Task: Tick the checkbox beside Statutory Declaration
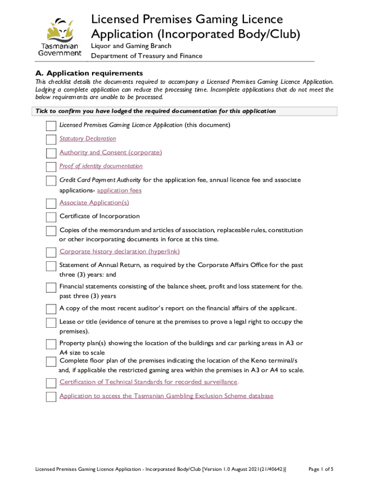tap(51, 140)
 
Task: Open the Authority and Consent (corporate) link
tap(111, 152)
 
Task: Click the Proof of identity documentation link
tap(101, 166)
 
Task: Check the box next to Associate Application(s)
tap(51, 204)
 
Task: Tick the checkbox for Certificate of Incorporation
tap(51, 217)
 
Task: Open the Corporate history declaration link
tap(119, 252)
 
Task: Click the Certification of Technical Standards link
tap(149, 382)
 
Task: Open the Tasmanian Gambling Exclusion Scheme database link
tap(166, 396)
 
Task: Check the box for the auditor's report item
tap(51, 309)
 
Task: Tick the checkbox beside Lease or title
tap(51, 323)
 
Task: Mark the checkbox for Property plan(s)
tap(51, 345)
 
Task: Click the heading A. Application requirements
tap(90, 73)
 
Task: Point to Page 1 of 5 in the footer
tap(320, 469)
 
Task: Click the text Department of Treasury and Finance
tap(147, 56)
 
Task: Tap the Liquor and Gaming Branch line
tap(131, 46)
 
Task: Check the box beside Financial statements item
tap(51, 288)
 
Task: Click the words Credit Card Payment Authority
tap(100, 180)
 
